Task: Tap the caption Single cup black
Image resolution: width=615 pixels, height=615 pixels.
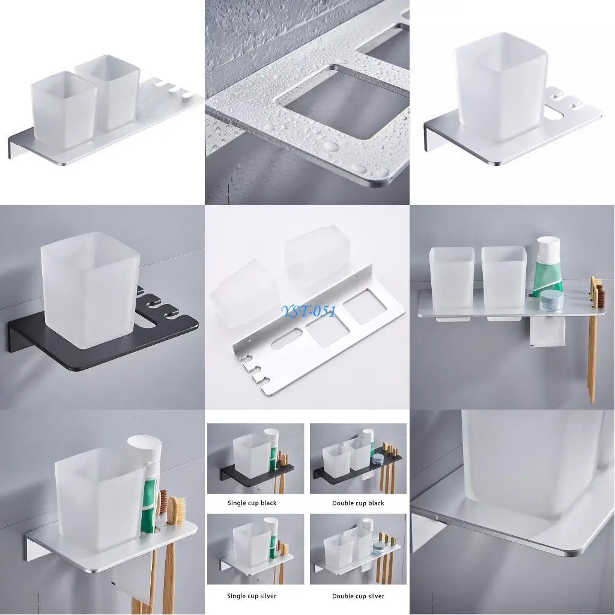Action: coord(252,503)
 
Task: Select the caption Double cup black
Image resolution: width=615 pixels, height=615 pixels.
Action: coord(358,503)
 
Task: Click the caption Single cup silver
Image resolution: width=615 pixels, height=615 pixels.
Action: coord(252,596)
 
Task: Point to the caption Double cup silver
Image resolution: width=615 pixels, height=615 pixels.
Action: coord(358,596)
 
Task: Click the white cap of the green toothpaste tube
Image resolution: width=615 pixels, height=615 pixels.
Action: coord(548,246)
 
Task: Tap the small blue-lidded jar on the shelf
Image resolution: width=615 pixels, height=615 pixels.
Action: coord(552,300)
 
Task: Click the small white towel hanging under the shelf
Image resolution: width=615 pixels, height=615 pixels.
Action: coord(547,332)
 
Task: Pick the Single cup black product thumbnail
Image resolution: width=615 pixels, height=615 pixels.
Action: coord(255,459)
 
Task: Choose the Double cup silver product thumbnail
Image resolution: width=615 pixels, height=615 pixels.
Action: coord(358,550)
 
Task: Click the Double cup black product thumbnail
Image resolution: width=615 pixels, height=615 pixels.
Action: coord(358,459)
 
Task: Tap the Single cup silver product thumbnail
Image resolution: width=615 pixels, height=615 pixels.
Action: coord(255,550)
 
